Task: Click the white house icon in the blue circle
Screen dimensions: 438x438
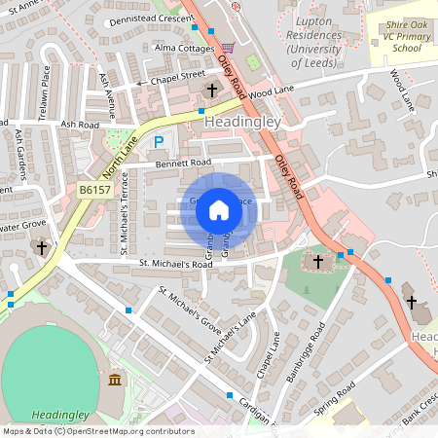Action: [219, 209]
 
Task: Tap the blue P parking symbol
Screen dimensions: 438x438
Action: [158, 142]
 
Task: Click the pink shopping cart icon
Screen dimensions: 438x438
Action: [228, 47]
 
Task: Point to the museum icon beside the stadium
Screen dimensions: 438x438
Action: [116, 379]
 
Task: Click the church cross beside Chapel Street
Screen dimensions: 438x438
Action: [211, 91]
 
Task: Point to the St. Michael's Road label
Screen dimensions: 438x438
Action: [175, 264]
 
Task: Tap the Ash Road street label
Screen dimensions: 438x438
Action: [80, 125]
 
